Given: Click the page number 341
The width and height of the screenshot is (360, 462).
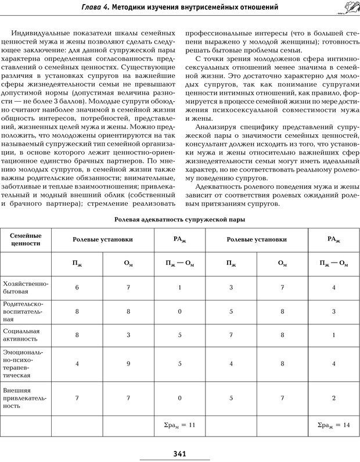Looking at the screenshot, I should coord(179,453).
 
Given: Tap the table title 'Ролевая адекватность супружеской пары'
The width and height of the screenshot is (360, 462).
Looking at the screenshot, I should coord(179,220).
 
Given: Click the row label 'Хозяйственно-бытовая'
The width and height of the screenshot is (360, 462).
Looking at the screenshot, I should coord(26,287).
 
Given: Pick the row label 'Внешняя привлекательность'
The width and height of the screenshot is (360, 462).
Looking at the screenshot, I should coord(26,398).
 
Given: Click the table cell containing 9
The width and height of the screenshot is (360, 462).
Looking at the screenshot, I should coord(128,364).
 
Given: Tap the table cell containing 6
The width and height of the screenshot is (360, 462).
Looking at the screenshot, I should coord(77,288).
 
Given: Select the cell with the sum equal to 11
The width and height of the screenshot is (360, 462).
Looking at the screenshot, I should coord(179,425).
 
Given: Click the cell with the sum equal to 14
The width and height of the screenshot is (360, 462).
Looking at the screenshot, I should coord(334,425).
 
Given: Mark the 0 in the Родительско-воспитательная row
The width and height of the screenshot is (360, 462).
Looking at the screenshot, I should coord(179,311).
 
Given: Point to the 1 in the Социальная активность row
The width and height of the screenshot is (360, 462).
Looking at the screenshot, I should coord(334,335).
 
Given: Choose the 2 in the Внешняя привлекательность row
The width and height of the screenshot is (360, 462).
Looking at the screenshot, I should coord(334,398).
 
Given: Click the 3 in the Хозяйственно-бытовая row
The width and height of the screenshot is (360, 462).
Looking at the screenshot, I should coord(231,288).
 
